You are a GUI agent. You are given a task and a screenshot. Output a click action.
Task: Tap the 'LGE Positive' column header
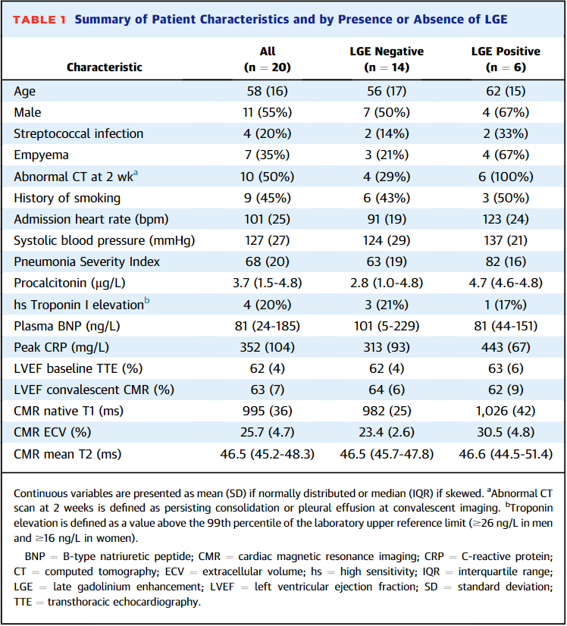click(x=506, y=59)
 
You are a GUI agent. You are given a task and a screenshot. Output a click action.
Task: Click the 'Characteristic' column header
click(x=105, y=67)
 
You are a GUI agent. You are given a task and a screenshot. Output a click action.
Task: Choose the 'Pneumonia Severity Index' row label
click(x=76, y=261)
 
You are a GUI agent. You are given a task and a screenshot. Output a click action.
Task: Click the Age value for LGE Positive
click(x=506, y=91)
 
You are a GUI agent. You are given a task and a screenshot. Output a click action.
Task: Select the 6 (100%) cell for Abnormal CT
click(x=506, y=177)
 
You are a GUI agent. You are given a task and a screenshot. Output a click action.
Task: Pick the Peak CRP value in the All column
click(x=268, y=347)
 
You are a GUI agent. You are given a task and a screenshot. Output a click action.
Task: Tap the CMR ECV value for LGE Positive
click(x=506, y=433)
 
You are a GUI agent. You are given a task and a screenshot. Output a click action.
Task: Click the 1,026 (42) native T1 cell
click(x=506, y=412)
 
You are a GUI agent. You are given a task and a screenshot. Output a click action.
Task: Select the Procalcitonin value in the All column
click(x=268, y=283)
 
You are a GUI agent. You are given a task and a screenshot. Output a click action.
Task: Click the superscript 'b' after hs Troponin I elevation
click(x=147, y=302)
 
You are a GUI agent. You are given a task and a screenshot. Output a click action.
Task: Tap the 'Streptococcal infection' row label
click(x=78, y=133)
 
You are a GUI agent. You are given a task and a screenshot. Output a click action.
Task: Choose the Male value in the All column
click(x=268, y=112)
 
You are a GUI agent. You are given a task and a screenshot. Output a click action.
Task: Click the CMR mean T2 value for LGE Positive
click(x=506, y=455)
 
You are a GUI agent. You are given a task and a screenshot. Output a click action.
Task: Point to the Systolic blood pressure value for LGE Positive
click(x=506, y=240)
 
